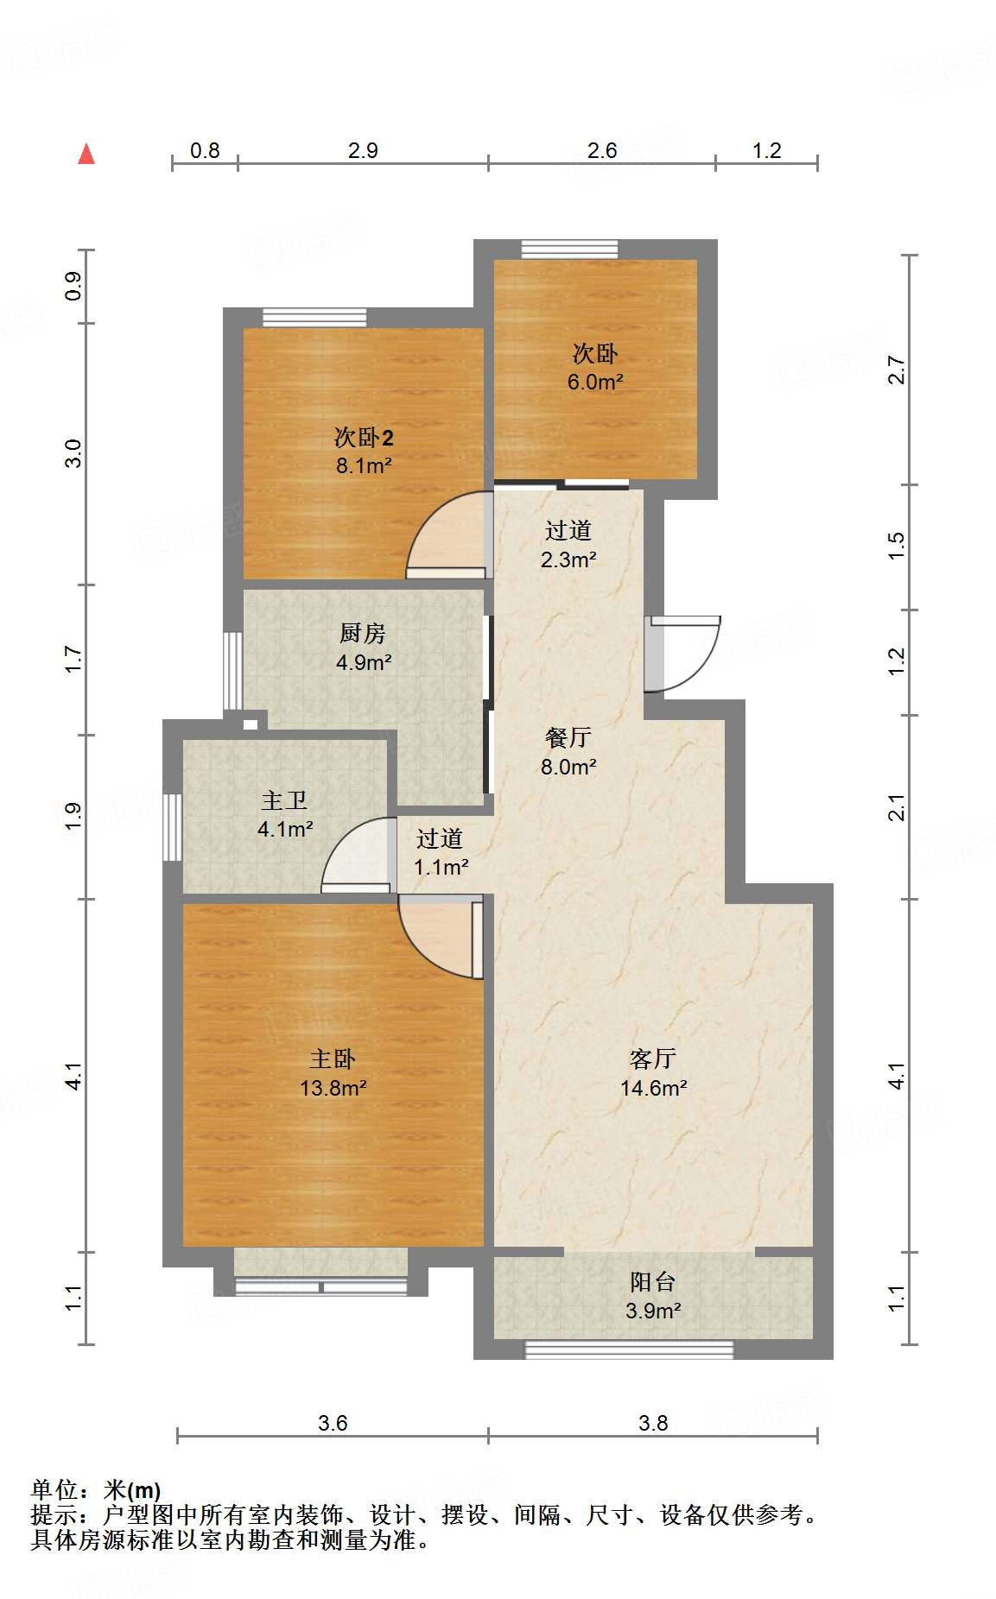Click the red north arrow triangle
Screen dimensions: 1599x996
(x=86, y=155)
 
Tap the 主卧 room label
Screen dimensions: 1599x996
(x=333, y=1059)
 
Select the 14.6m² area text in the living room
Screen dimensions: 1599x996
(x=653, y=1088)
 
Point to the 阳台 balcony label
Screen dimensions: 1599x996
(x=652, y=1281)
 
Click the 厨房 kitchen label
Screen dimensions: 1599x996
(x=362, y=633)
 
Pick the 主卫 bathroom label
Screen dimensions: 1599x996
(x=284, y=800)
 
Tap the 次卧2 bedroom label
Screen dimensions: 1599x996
(x=364, y=437)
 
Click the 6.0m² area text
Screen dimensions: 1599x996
(x=595, y=382)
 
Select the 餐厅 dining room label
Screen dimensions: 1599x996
(x=568, y=737)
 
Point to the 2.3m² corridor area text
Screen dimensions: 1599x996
(x=568, y=559)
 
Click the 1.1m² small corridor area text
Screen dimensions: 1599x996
(x=441, y=867)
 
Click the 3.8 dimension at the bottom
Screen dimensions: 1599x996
(x=653, y=1423)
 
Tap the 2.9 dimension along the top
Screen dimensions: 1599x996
(x=363, y=150)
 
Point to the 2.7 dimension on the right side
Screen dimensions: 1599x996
(x=897, y=370)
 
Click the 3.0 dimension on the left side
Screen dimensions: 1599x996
(x=74, y=453)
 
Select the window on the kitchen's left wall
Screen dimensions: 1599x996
(x=232, y=671)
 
